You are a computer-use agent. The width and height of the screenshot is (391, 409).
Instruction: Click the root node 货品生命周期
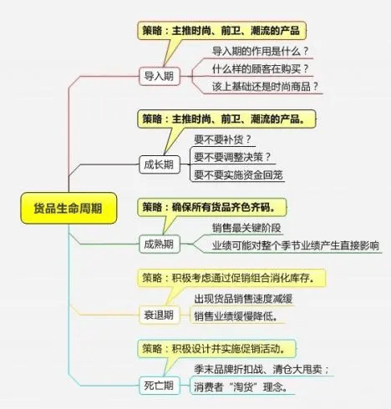click(69, 208)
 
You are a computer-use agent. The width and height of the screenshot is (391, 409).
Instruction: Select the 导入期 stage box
click(160, 76)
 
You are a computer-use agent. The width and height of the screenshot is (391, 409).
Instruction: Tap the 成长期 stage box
click(160, 164)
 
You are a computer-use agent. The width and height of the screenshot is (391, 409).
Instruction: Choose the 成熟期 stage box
click(160, 244)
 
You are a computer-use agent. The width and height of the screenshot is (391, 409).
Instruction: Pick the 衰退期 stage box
click(160, 315)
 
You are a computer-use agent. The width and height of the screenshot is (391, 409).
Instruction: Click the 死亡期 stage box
click(160, 386)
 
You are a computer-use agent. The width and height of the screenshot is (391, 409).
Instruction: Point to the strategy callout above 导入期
click(221, 30)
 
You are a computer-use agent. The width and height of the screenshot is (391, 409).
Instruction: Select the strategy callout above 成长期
click(226, 119)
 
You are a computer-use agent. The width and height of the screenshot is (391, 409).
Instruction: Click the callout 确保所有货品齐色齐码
click(211, 207)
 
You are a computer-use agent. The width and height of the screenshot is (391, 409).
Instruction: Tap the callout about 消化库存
click(231, 278)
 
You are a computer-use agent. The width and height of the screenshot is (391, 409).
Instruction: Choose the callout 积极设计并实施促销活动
click(216, 348)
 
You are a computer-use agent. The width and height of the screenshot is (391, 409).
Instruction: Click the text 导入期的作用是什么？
click(261, 51)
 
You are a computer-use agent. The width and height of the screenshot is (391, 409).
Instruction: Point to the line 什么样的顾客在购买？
click(261, 68)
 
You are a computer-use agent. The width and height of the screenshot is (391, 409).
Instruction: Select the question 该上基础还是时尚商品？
click(265, 87)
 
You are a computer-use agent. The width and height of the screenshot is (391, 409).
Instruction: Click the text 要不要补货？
click(222, 139)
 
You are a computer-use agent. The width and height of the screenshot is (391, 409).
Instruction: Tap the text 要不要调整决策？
click(232, 157)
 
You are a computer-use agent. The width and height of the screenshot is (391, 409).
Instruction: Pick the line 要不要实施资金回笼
click(238, 175)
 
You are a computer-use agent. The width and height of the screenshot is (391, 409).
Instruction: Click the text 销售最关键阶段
click(246, 228)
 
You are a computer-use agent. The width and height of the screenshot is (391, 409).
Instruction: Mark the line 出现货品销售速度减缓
click(243, 299)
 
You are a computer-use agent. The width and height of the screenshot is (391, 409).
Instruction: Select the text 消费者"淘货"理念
click(241, 387)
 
